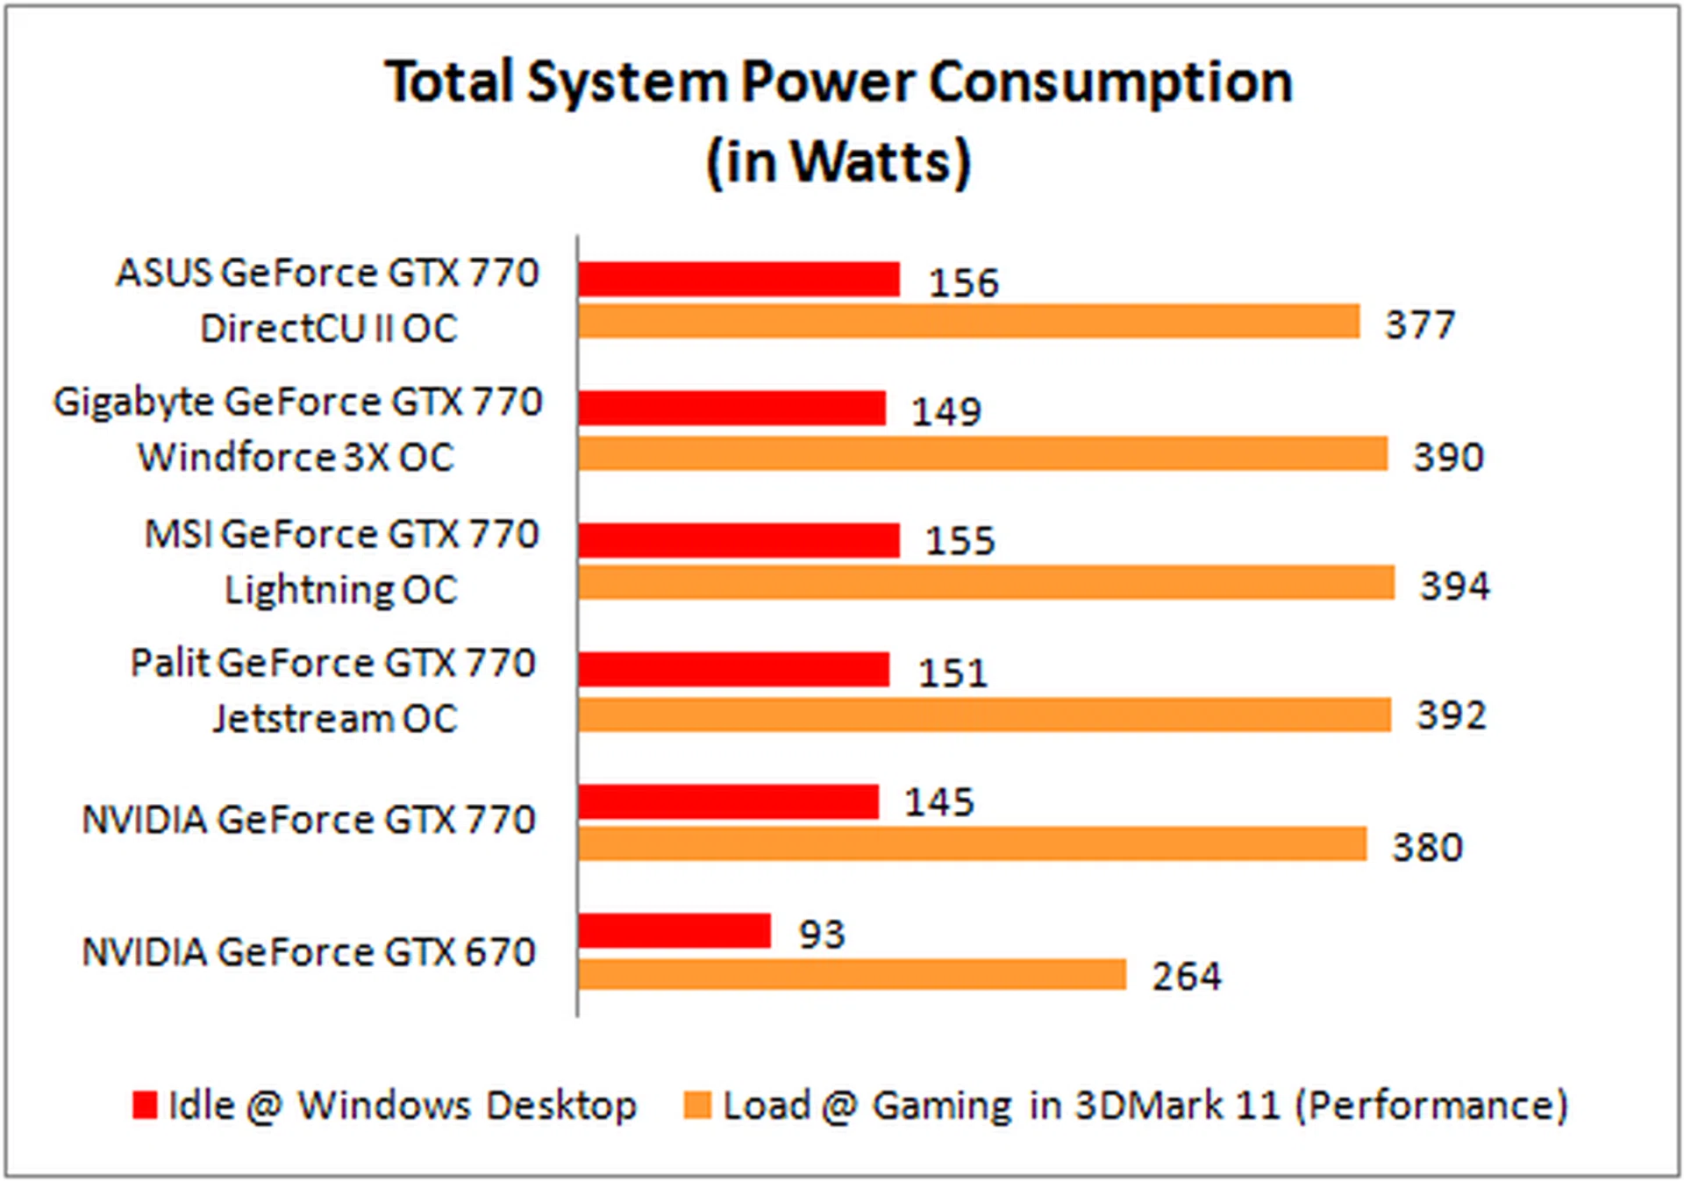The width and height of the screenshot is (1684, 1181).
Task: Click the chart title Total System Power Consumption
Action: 838,82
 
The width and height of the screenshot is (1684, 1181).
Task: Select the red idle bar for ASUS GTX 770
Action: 739,280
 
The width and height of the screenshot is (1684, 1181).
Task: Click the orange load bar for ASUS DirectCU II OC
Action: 968,322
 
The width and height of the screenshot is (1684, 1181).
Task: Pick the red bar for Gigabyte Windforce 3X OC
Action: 731,409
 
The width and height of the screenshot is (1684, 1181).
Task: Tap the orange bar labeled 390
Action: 982,454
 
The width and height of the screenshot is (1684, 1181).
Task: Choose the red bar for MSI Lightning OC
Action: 739,540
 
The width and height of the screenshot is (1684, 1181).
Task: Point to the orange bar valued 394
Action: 986,583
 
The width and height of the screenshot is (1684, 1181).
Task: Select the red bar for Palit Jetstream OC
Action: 733,670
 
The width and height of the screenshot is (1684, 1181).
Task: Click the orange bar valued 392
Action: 984,715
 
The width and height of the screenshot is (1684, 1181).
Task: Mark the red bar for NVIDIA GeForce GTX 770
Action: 728,802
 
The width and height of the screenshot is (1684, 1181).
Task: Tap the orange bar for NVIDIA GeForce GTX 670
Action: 852,975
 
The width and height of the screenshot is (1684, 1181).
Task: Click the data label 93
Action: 821,935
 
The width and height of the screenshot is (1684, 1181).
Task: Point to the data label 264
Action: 1186,977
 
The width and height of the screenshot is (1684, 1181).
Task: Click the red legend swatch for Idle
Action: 145,1105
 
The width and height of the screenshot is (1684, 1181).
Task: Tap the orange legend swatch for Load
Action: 697,1105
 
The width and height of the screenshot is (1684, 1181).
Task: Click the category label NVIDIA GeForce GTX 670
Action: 309,952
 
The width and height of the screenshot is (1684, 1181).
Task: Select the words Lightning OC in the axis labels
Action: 341,590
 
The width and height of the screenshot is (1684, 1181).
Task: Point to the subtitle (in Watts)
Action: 838,162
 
